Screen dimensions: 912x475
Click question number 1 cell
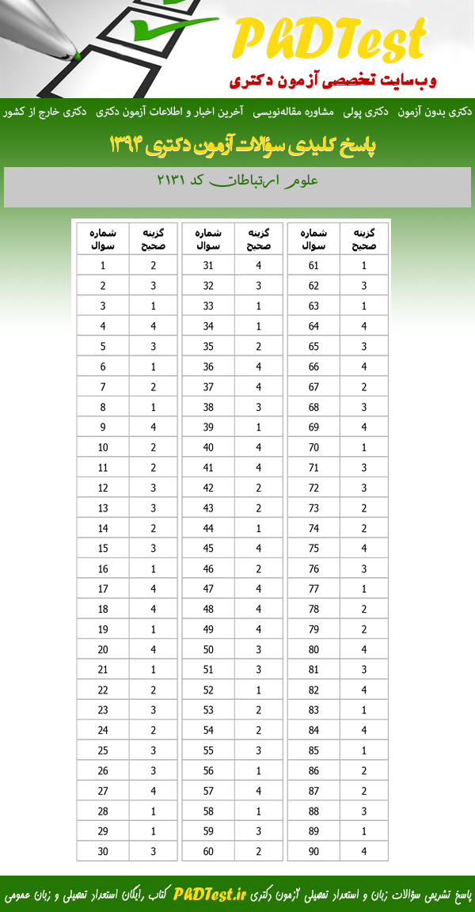pos(103,266)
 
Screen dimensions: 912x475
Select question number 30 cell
pos(103,851)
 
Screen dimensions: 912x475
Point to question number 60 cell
pos(208,851)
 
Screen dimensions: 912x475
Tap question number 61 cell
pos(313,266)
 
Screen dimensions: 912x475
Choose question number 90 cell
pos(313,851)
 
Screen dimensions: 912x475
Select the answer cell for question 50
pos(259,649)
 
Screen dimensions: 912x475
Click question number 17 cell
pos(103,589)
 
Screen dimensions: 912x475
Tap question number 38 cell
pos(208,407)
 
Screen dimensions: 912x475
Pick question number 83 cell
pos(313,710)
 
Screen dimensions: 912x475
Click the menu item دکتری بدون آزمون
pos(437,112)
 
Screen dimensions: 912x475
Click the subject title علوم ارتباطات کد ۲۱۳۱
pos(237,180)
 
